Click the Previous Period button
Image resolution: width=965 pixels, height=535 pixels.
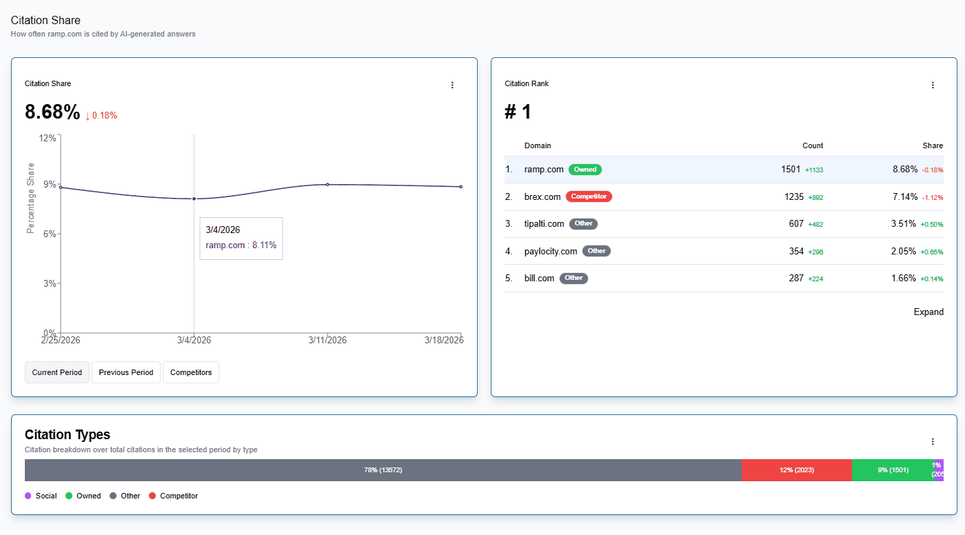click(126, 372)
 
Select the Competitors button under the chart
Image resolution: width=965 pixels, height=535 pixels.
click(191, 372)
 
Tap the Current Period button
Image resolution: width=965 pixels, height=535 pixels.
click(57, 372)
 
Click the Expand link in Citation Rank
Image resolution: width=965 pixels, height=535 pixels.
click(928, 312)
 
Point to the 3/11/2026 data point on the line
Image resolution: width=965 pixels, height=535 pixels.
click(327, 185)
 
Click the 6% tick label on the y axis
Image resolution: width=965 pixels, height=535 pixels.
click(47, 234)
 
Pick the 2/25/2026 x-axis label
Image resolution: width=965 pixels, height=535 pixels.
click(61, 340)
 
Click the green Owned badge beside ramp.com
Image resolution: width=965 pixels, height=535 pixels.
click(585, 170)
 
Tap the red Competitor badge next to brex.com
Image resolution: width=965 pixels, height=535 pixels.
click(589, 196)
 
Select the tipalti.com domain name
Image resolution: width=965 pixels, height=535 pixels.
click(544, 223)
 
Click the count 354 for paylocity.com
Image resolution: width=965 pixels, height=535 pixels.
click(796, 251)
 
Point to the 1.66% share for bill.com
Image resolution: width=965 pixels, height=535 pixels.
click(903, 278)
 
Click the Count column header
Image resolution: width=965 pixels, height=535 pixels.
click(813, 145)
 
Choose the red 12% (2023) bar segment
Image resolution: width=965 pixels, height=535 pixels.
click(796, 470)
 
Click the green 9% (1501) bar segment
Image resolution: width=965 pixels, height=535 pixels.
click(892, 470)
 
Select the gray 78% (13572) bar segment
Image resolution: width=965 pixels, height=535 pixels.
click(383, 470)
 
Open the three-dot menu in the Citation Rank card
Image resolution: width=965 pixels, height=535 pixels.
click(933, 85)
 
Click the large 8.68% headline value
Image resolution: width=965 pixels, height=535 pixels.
click(52, 112)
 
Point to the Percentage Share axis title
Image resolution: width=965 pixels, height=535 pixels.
click(30, 198)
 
